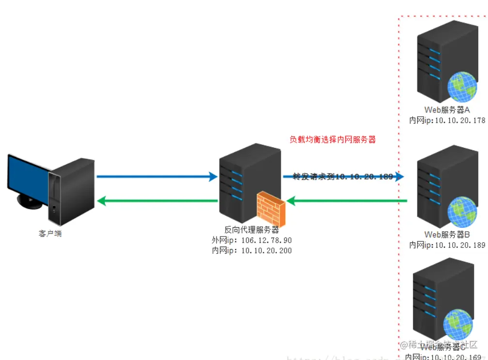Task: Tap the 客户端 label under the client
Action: tap(50, 234)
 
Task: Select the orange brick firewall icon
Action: tap(271, 208)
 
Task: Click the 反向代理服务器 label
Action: tap(252, 230)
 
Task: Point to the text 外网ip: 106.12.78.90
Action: tap(252, 240)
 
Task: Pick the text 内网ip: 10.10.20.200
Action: tap(252, 250)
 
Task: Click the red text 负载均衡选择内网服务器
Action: tap(333, 140)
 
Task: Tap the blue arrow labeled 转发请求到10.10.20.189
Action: tap(344, 177)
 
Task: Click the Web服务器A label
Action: tap(447, 110)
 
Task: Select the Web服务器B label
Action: tap(447, 235)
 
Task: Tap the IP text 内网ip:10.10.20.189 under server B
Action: tap(447, 245)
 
